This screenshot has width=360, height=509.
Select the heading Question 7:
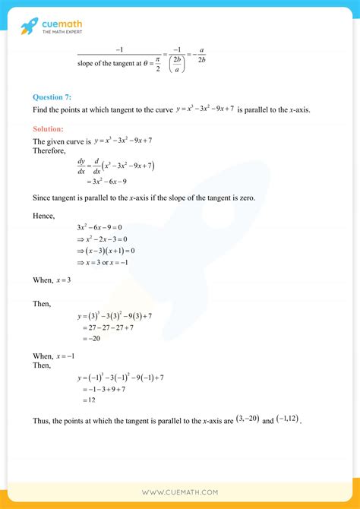pos(55,97)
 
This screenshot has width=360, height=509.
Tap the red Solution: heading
pos(53,129)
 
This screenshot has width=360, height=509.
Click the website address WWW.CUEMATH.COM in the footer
pos(180,492)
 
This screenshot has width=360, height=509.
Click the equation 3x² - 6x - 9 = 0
pos(99,227)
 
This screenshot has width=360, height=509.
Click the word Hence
pos(44,216)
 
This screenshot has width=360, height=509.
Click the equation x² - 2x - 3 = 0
pos(104,239)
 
